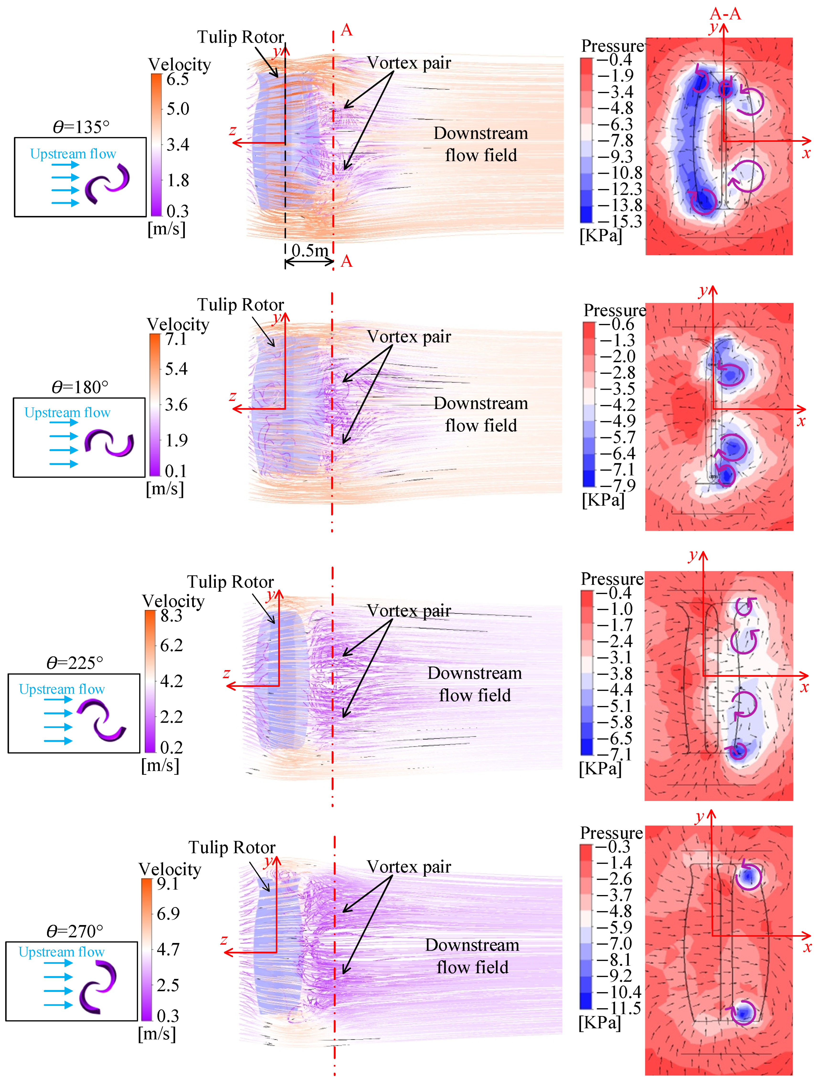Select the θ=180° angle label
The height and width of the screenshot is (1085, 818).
tap(80, 388)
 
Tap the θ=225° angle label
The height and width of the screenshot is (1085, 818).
tap(74, 663)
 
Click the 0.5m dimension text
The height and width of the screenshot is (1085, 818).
tap(310, 251)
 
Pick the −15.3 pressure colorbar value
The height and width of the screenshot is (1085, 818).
tap(619, 221)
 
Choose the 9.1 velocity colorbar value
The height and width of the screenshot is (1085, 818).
tap(168, 883)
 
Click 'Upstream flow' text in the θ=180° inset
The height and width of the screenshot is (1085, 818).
tap(67, 412)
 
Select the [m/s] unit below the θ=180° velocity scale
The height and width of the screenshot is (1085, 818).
tap(165, 489)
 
